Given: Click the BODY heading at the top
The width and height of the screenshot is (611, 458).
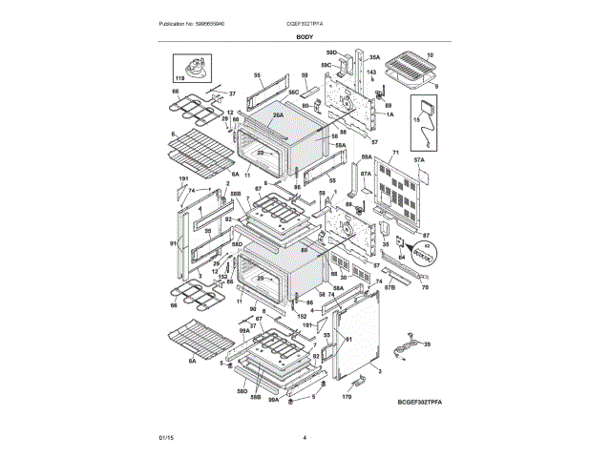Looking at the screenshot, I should point(305,36).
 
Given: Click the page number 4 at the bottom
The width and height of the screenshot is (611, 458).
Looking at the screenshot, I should point(305,437).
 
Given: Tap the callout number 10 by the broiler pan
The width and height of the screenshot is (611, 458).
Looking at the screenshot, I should point(430,56).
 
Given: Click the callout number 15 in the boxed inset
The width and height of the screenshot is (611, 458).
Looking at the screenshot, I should point(416,119).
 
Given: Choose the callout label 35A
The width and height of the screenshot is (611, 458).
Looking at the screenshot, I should point(375,56).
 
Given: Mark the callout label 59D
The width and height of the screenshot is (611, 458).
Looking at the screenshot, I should point(331,53).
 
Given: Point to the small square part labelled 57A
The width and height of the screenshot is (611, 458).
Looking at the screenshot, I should point(424,177).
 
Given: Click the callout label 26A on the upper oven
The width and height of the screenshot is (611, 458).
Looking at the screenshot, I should point(279,115).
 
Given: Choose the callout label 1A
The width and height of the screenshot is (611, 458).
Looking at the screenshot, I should point(389,114).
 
